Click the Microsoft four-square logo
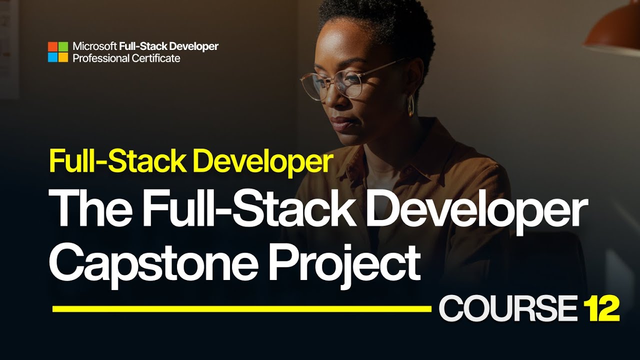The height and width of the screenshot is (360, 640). (x=57, y=52)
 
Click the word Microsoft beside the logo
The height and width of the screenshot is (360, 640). (x=95, y=46)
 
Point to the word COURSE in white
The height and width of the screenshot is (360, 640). (x=507, y=308)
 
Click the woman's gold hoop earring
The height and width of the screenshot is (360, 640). (x=410, y=105)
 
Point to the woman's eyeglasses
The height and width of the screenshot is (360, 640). (x=340, y=82)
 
